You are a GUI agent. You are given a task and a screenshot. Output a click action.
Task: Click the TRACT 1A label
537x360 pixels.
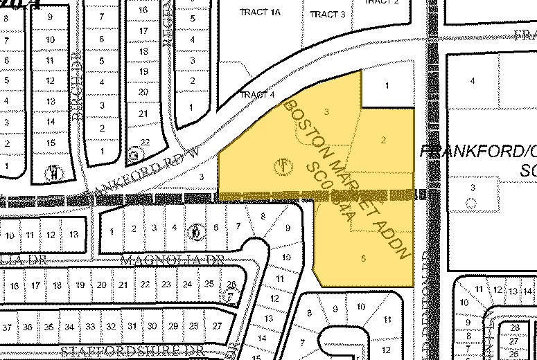(x=259, y=12)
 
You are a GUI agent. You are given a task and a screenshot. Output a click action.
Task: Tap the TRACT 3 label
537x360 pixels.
(x=327, y=15)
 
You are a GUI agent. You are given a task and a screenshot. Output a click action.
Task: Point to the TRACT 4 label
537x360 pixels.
(x=257, y=94)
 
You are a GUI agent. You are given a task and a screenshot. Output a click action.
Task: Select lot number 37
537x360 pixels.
(x=8, y=326)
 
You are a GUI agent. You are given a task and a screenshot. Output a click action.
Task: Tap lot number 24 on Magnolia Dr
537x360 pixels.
(x=187, y=285)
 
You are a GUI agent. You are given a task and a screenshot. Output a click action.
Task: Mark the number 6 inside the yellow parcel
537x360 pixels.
(x=363, y=259)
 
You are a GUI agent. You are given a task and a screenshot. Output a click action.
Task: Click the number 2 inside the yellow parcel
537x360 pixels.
(x=382, y=140)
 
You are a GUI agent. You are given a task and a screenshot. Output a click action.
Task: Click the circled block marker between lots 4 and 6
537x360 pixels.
(x=197, y=231)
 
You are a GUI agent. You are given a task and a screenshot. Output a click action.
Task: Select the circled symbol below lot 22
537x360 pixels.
(x=134, y=155)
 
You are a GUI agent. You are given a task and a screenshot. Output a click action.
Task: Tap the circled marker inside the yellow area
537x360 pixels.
(x=283, y=166)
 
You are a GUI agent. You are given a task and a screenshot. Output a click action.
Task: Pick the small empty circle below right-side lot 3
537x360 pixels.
(x=472, y=203)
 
